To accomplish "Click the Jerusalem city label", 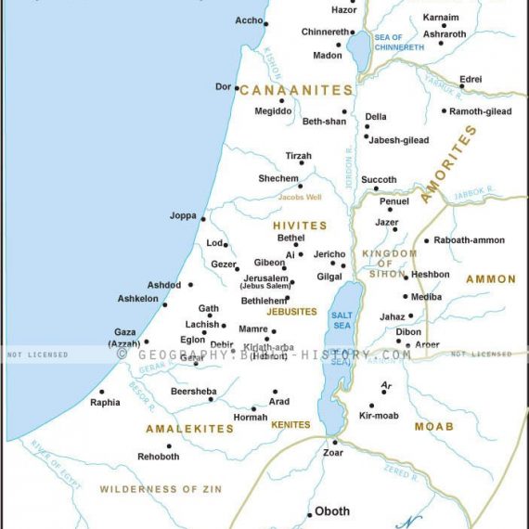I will pos(265,278).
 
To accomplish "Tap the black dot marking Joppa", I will pos(203,219).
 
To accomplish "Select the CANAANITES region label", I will pos(297,90).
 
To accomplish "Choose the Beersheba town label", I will pos(193,392).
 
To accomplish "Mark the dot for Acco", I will pos(265,24).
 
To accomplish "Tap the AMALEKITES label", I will pos(189,429).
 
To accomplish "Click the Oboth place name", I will pos(332,511).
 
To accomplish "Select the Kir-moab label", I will pos(378,416).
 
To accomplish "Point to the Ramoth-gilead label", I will pos(480,111).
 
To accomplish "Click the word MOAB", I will pos(433,427).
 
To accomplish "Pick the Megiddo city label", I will pos(273,111).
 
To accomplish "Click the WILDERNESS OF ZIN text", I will pos(152,489).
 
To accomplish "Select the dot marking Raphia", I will pos(102,392).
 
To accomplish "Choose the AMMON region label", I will pos(491,279).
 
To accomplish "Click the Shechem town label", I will pos(277,178).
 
